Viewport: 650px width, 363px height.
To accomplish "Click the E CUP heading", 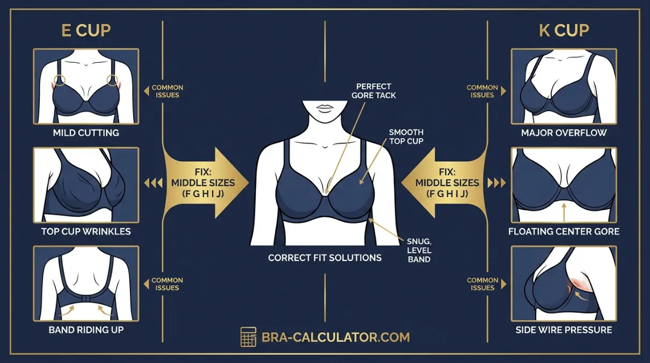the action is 86,31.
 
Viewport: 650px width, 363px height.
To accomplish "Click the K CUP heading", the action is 564,31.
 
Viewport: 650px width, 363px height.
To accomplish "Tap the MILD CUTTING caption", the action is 86,133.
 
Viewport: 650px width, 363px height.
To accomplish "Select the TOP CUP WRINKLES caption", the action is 86,231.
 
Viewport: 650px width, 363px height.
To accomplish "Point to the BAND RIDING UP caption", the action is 86,330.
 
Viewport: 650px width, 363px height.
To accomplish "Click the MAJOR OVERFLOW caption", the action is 564,133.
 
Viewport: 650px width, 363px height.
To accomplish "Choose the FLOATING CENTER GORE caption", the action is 564,231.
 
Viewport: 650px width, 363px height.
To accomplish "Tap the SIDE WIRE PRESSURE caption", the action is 564,330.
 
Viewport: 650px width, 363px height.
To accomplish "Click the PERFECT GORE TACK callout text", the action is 374,91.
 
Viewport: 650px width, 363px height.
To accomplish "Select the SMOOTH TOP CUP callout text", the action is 406,137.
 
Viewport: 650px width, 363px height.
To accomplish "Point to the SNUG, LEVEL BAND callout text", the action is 419,250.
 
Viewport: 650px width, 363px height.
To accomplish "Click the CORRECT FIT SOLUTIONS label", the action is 325,258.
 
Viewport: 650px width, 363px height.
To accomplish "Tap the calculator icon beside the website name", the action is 249,337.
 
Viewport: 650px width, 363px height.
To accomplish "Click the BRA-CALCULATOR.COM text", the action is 336,337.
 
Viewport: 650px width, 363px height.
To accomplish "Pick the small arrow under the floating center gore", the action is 564,213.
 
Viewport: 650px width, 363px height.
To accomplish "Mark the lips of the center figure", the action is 325,107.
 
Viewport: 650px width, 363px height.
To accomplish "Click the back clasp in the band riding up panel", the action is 86,299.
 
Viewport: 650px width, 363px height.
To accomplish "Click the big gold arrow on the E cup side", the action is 206,183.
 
